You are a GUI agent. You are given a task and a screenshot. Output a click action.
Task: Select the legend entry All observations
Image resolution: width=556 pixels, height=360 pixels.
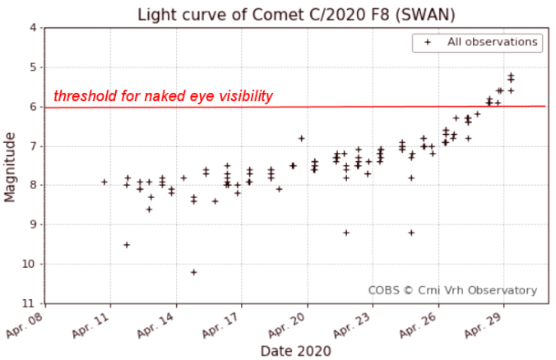pyautogui.click(x=492, y=42)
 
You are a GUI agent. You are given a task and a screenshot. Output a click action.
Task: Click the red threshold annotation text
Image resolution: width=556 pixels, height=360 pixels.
pyautogui.click(x=163, y=96)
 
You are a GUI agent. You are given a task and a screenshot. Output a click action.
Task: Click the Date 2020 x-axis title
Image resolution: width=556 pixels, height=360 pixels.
pyautogui.click(x=295, y=351)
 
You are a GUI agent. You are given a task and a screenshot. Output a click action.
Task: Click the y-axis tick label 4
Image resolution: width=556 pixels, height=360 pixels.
pyautogui.click(x=33, y=28)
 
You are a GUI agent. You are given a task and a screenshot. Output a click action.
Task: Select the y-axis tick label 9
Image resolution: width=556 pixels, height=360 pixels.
pyautogui.click(x=33, y=224)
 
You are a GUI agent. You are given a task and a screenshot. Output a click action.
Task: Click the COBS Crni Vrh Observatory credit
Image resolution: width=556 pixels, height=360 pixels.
pyautogui.click(x=452, y=290)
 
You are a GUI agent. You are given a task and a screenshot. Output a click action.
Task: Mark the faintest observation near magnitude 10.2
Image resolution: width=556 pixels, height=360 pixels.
pyautogui.click(x=193, y=272)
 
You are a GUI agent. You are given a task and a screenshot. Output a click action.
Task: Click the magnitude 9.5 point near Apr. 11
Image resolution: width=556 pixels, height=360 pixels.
pyautogui.click(x=127, y=244)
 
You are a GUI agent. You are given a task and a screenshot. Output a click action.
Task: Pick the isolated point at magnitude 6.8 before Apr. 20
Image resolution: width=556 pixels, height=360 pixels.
pyautogui.click(x=302, y=138)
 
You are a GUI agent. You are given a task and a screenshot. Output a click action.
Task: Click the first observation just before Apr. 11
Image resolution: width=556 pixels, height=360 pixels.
pyautogui.click(x=104, y=182)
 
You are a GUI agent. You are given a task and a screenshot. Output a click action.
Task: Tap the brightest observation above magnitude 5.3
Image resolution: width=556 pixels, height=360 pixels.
pyautogui.click(x=511, y=75)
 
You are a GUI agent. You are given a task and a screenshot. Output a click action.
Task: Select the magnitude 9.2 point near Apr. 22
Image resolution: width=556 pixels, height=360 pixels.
pyautogui.click(x=346, y=233)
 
